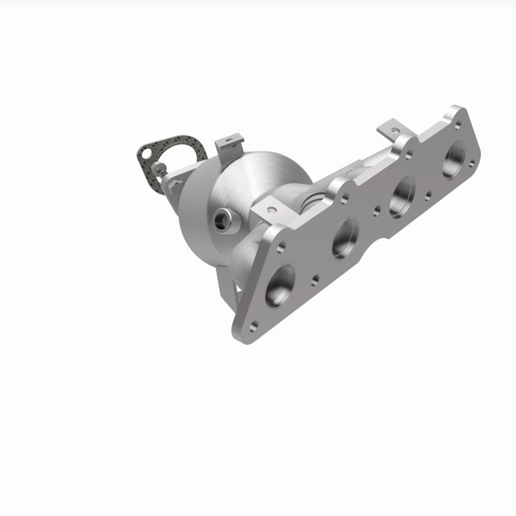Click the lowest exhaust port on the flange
[x=280, y=284]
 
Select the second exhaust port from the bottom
[x=345, y=237]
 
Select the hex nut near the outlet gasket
[x=173, y=184]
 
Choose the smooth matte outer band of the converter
[x=193, y=213]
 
